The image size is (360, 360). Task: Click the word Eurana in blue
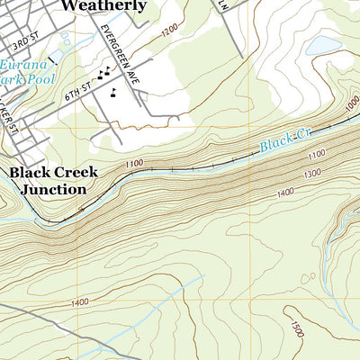coord(18,66)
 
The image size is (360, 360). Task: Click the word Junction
coord(54,190)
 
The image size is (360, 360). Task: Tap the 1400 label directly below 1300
coord(286,192)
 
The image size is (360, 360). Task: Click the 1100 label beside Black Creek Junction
coord(135,163)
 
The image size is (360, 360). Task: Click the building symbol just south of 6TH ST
coord(113,92)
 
